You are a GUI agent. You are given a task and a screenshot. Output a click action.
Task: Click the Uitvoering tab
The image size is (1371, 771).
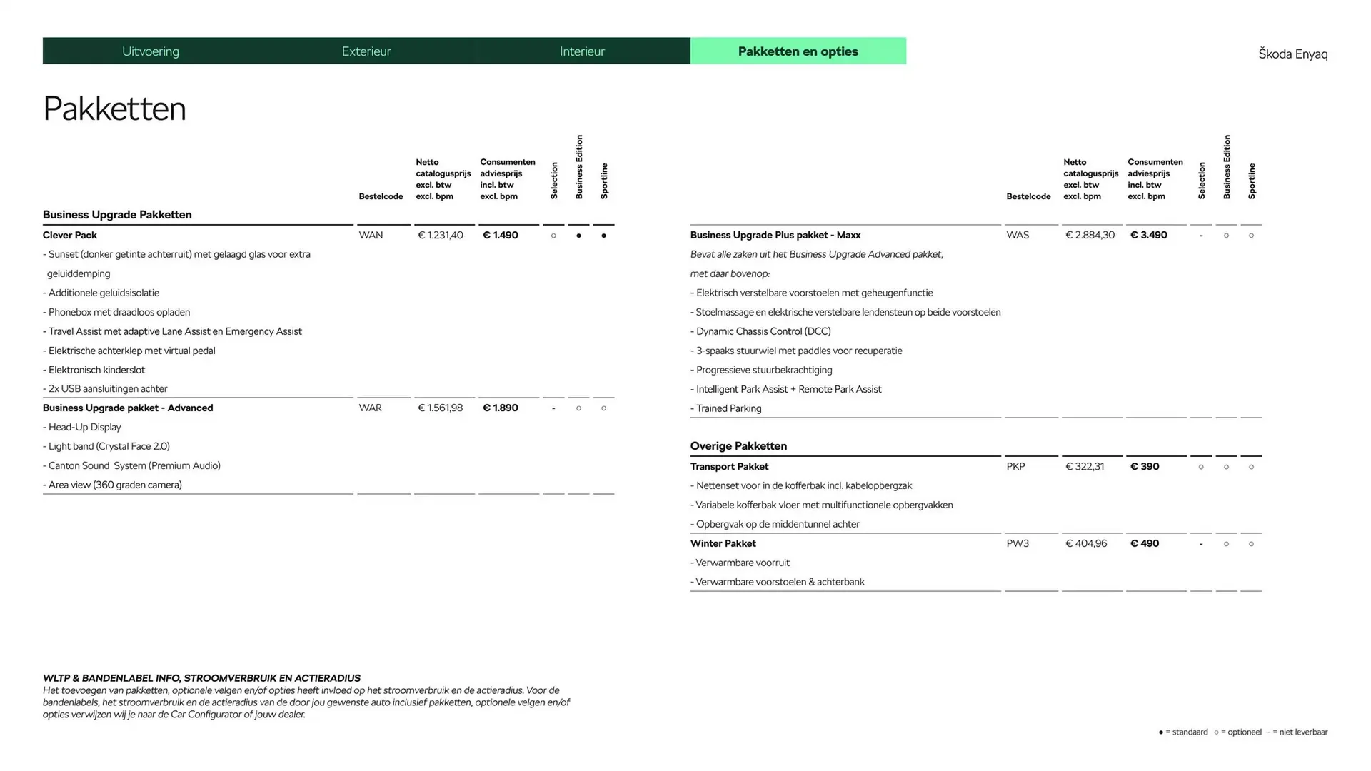pos(151,51)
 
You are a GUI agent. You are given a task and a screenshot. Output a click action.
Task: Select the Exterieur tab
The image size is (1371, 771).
pos(366,51)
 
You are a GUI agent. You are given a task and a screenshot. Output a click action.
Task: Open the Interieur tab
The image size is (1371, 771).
pos(582,51)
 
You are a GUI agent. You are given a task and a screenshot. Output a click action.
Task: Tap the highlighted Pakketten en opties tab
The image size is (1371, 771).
pos(798,51)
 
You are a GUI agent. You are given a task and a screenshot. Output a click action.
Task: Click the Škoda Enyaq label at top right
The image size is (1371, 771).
pos(1292,54)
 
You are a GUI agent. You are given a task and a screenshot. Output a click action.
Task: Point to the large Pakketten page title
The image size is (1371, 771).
pos(114,109)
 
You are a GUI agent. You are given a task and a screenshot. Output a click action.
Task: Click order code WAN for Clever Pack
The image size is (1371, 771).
pos(371,235)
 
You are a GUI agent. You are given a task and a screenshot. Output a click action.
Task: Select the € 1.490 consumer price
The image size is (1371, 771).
pos(501,235)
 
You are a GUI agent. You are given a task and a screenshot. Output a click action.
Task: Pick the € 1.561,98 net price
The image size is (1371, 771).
pos(440,408)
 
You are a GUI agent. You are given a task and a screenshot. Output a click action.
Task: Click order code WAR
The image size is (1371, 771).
pos(370,408)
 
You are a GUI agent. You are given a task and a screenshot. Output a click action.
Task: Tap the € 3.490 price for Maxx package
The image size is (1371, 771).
pos(1148,235)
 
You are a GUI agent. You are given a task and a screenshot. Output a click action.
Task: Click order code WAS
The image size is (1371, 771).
pos(1018,235)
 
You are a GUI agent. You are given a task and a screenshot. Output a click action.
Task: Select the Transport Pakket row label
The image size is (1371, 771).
pos(729,466)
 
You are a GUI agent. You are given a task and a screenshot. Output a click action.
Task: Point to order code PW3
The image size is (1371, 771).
pos(1018,543)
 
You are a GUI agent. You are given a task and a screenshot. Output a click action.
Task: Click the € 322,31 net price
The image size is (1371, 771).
pos(1085,466)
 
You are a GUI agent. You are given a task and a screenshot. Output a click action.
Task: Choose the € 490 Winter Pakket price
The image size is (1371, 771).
pos(1145,543)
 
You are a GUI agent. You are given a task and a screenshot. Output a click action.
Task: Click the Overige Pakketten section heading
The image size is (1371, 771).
pos(738,446)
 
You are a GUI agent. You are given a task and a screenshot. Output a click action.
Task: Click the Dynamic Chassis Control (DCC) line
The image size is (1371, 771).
pos(763,331)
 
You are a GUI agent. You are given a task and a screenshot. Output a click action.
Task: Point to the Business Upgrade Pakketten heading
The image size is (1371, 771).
pos(117,215)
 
